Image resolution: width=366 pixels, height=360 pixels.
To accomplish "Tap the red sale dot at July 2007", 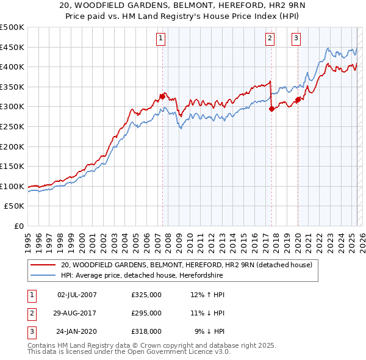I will (x=162, y=96).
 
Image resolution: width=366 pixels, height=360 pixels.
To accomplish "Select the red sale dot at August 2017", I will (x=271, y=109).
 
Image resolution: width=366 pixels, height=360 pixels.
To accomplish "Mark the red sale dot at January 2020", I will (x=298, y=99).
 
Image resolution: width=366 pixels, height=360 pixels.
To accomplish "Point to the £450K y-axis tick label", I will (x=13, y=47).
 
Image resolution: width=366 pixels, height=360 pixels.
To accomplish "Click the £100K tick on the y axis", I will (x=13, y=186).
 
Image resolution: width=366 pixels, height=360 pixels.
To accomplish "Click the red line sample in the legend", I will (x=42, y=265).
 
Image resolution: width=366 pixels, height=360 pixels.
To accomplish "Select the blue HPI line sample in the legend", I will (x=42, y=275).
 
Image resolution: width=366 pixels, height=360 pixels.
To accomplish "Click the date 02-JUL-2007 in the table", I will (x=76, y=295).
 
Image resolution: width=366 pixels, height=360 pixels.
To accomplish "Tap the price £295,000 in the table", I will (x=146, y=313).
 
